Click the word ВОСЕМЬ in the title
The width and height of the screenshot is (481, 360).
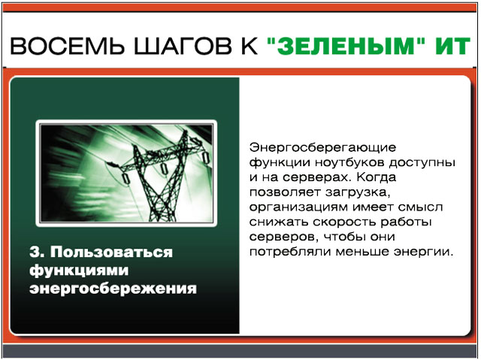pos(68,46)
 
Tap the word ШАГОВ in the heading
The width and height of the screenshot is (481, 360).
pos(183,46)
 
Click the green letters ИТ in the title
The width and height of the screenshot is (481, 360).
pos(452,46)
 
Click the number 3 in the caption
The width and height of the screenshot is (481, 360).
pos(35,252)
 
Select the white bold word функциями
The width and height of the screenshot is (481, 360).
pos(79,271)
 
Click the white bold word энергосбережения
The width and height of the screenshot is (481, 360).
pos(113,289)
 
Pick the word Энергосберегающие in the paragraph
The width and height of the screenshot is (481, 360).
pos(322,148)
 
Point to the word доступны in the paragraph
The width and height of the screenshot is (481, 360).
pos(422,163)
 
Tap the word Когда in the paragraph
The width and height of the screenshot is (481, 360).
pos(376,177)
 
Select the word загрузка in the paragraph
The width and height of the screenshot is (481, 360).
pos(358,192)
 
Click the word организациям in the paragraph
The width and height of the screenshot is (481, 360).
pos(298,207)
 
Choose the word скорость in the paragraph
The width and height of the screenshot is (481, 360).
pos(345,222)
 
